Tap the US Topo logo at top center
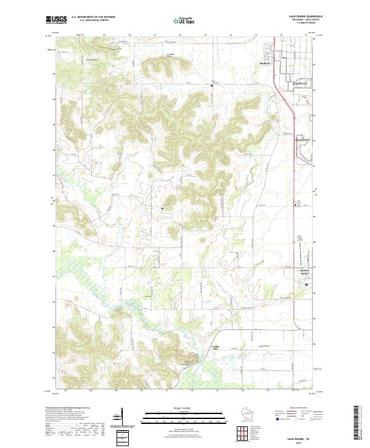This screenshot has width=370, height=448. [184, 20]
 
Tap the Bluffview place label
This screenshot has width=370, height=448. [268, 62]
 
